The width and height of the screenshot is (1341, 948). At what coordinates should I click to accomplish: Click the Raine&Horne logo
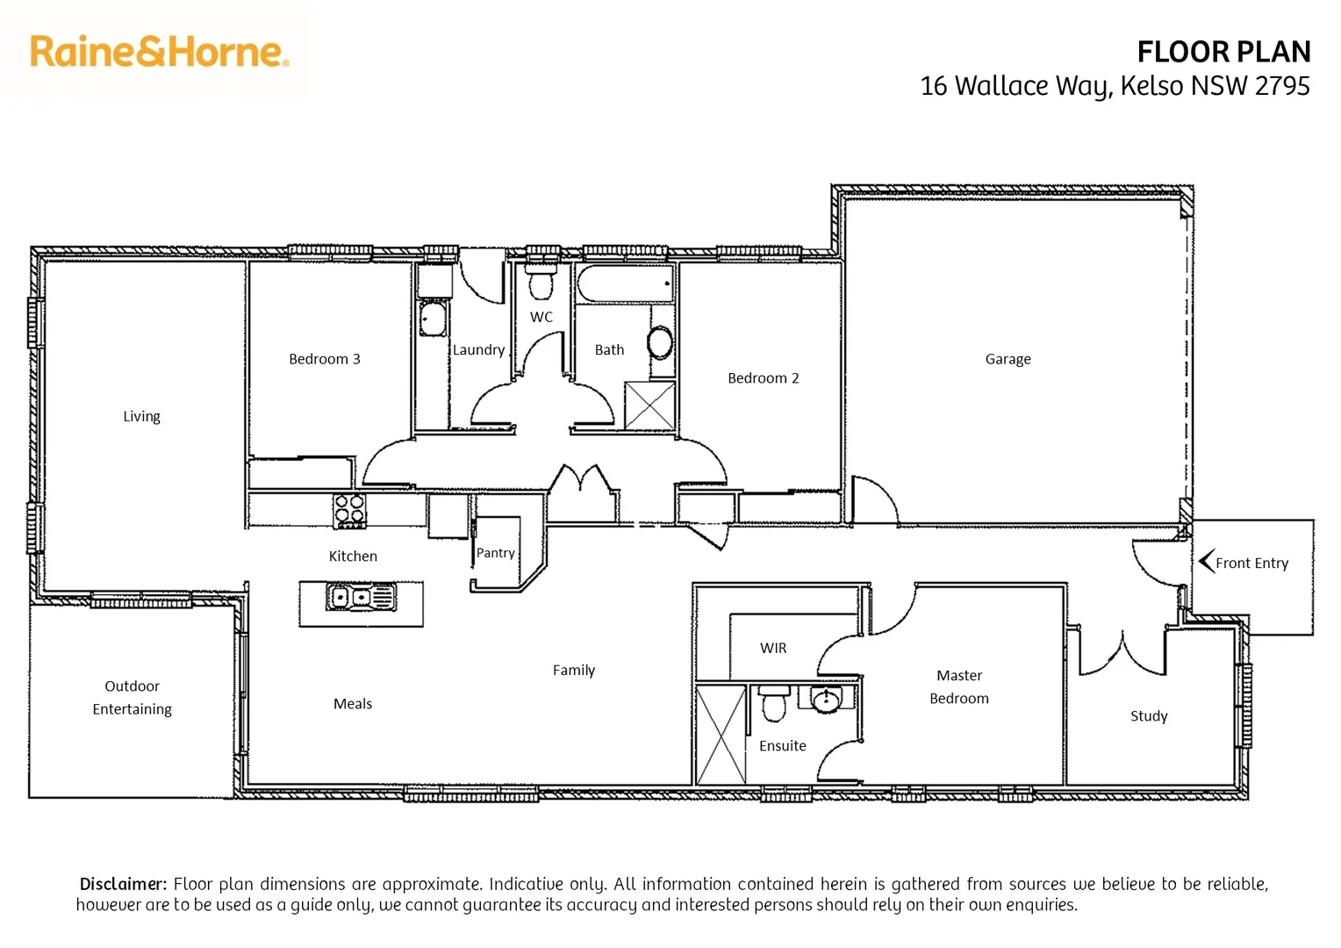(159, 52)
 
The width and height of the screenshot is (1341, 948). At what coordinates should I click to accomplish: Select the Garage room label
(1008, 359)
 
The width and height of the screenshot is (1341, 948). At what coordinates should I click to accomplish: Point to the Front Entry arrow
(1207, 562)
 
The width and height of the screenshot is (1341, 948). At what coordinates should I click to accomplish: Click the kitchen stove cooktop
(349, 511)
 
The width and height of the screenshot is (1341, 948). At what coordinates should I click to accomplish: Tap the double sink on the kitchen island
(361, 598)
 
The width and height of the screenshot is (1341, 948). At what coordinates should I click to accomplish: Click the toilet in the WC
(541, 283)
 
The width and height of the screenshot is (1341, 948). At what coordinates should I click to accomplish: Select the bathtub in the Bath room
(624, 284)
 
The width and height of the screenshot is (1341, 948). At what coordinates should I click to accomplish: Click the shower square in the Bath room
(649, 406)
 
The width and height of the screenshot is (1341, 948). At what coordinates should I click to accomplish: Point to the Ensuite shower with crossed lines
(721, 735)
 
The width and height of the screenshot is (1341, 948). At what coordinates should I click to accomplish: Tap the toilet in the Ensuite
(773, 704)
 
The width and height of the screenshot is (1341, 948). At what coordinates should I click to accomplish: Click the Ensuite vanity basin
(825, 700)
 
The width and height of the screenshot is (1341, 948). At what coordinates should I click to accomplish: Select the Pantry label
(495, 553)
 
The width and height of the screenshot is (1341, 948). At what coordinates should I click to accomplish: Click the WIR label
(773, 648)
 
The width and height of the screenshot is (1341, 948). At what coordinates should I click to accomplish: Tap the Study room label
(1148, 716)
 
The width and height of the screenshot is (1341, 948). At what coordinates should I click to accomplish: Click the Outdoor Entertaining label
(132, 698)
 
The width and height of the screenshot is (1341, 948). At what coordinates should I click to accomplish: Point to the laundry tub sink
(433, 318)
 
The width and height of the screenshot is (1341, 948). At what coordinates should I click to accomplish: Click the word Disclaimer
(123, 884)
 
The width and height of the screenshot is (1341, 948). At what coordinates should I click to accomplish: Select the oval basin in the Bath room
(660, 342)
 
